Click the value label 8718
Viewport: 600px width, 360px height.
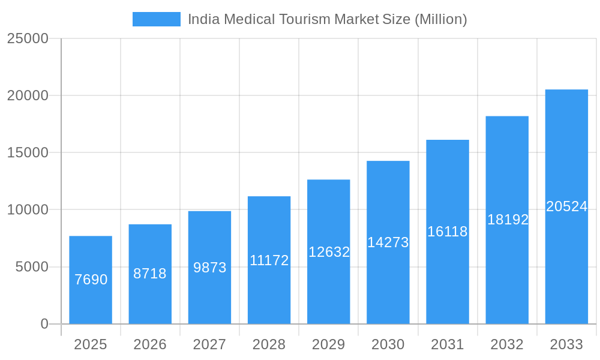click(150, 274)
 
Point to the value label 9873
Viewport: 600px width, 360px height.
click(209, 268)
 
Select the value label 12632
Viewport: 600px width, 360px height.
click(329, 252)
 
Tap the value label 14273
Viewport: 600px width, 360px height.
click(388, 242)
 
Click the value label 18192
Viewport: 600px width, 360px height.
click(508, 220)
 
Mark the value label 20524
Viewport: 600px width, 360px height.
click(566, 206)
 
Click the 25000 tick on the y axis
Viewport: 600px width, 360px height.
click(28, 38)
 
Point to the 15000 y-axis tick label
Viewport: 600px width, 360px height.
click(28, 152)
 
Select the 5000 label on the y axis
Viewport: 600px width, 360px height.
click(32, 267)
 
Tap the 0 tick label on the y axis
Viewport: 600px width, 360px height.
click(44, 324)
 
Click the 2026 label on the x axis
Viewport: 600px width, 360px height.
click(150, 344)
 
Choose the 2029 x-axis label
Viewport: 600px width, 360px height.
click(329, 344)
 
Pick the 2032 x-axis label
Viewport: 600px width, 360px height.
click(507, 344)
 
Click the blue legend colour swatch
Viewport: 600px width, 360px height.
click(156, 19)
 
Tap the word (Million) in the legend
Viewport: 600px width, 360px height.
click(440, 19)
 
